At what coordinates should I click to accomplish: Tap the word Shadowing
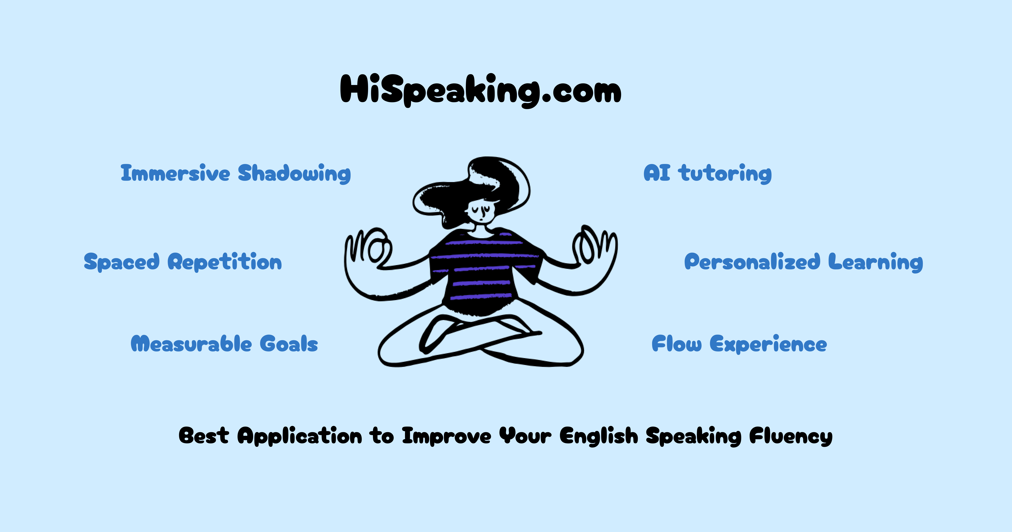[x=294, y=173]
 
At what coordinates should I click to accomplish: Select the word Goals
[x=289, y=344]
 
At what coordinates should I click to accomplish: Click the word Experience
[x=768, y=344]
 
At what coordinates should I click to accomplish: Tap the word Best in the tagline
[x=203, y=436]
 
